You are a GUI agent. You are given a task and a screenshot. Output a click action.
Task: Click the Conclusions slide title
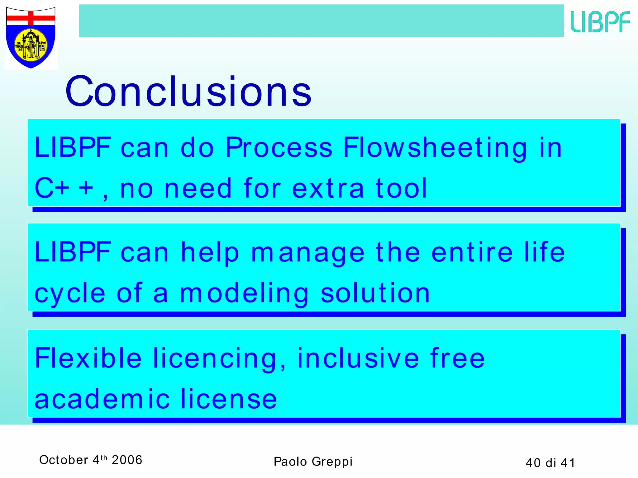tap(188, 91)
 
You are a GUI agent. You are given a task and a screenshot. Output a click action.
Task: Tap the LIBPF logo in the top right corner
tap(600, 21)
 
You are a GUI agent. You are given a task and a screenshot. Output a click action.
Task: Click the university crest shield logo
tap(31, 37)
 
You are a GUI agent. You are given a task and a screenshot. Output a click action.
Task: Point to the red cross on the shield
tap(31, 18)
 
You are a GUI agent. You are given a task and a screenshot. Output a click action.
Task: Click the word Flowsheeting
tap(435, 148)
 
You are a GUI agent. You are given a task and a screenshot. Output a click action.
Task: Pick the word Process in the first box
tap(279, 148)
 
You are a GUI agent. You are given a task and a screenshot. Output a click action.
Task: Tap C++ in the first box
tap(64, 188)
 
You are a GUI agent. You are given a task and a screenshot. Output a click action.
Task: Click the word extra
tap(328, 188)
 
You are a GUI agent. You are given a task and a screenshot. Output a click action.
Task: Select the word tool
tap(401, 188)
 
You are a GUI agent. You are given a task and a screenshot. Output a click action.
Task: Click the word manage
tap(308, 253)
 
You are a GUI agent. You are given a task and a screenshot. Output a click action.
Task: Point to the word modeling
tap(244, 293)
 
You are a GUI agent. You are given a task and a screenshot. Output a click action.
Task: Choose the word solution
tap(375, 293)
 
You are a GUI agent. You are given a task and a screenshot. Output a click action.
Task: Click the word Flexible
tap(88, 358)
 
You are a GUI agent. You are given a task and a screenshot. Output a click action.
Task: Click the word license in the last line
tap(229, 399)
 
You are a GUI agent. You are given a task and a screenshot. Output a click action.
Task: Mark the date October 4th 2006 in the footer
tap(91, 460)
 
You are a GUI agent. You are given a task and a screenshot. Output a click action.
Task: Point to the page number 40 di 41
tap(550, 463)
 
